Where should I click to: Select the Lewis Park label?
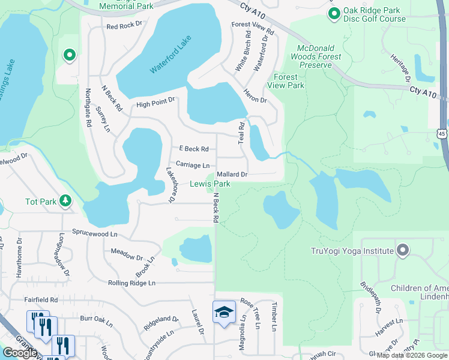coord(210,184)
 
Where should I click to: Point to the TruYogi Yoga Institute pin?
coord(403,250)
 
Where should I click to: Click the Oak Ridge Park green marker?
coord(334,13)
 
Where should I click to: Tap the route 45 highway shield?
coord(442,133)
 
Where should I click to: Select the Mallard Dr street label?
coord(232,174)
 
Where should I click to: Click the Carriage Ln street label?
coord(192,164)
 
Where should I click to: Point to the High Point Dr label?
coord(155,104)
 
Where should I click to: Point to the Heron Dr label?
coord(255,95)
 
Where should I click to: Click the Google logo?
coord(20,353)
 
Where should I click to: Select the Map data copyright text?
coord(412,355)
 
